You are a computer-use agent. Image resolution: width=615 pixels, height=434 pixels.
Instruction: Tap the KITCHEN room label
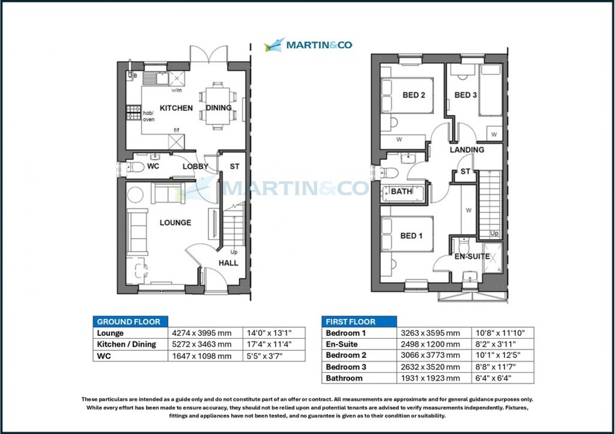176,108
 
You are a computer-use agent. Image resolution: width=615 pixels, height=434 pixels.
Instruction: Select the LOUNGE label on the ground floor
175,223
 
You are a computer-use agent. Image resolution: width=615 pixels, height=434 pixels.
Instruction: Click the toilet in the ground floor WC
135,167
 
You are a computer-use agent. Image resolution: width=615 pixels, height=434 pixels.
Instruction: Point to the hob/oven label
148,116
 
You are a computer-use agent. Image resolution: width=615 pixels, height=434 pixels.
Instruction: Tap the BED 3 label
465,95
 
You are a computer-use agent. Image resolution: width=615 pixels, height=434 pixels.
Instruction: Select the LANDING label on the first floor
467,150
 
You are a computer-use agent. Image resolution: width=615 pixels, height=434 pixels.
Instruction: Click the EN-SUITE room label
472,257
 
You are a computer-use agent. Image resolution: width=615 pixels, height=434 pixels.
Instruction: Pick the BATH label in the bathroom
401,192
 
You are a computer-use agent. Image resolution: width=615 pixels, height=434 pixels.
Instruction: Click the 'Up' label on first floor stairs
494,233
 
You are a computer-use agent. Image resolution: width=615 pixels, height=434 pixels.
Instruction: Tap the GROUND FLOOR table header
129,322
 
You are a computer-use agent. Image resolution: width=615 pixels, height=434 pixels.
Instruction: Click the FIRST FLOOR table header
351,322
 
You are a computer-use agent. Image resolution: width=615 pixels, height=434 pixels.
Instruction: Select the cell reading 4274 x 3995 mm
202,333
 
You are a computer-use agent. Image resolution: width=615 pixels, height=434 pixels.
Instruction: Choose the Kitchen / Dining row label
126,344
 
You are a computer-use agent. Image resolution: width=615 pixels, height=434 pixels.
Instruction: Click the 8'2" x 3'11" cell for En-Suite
495,344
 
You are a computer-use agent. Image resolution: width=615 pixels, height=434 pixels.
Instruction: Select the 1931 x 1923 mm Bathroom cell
430,378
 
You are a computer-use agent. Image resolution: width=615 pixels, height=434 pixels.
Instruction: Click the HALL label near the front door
228,263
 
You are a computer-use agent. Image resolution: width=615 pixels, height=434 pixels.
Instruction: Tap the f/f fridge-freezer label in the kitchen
176,130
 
